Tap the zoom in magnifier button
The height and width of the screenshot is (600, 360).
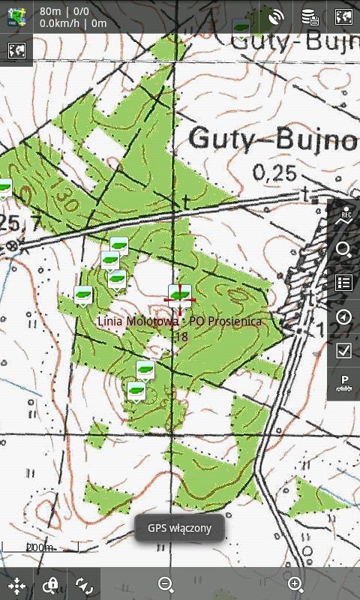[295, 584]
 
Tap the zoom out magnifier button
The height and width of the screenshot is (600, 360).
[166, 584]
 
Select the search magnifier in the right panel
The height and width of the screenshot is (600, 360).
[344, 250]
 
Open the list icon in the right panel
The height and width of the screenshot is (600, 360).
[344, 283]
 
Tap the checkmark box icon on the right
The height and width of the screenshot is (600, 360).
[344, 350]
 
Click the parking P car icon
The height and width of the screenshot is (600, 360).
[344, 383]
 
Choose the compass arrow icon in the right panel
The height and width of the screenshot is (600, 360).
[344, 316]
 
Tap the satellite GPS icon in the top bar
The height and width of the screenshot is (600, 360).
[276, 16]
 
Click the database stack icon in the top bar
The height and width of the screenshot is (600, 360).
[310, 16]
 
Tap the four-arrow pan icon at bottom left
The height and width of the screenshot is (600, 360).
[16, 585]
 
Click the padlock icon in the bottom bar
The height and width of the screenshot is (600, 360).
[50, 585]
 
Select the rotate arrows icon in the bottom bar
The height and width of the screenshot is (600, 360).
[84, 585]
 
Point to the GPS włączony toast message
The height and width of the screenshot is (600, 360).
[179, 528]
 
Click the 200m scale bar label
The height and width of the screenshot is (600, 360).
[39, 547]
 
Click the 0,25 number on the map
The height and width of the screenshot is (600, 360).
[274, 174]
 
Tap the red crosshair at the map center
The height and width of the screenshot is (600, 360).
[179, 299]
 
